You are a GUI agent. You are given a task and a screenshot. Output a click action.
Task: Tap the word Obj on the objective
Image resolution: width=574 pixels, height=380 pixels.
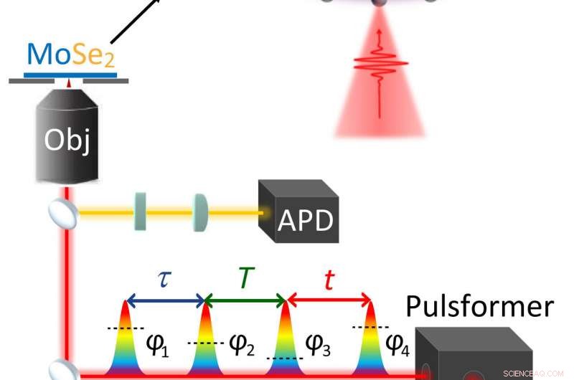(67, 139)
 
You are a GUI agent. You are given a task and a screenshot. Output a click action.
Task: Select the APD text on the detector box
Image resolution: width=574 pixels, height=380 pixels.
(306, 221)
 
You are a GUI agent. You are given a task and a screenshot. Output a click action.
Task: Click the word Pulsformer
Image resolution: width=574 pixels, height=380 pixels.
(479, 306)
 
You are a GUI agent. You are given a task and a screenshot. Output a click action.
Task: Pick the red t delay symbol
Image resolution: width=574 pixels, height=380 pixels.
(329, 280)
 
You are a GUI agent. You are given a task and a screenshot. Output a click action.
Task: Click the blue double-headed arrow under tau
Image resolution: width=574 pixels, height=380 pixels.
(165, 299)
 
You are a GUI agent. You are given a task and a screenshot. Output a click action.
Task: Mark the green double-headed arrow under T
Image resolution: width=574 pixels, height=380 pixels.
(245, 299)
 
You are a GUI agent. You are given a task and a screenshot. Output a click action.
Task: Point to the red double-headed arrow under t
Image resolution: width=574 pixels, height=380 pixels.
(329, 299)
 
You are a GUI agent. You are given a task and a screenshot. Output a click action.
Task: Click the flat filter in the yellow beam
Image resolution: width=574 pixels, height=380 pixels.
(140, 212)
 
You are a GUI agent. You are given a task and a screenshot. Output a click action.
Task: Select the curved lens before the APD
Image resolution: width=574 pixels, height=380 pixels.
(200, 212)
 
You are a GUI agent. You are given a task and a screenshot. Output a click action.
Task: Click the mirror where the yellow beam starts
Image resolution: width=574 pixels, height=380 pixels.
(60, 212)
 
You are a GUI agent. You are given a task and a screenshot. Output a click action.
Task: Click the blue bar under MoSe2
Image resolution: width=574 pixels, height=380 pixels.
(69, 73)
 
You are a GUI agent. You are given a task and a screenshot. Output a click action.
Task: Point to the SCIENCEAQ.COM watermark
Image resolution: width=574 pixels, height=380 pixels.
(534, 374)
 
